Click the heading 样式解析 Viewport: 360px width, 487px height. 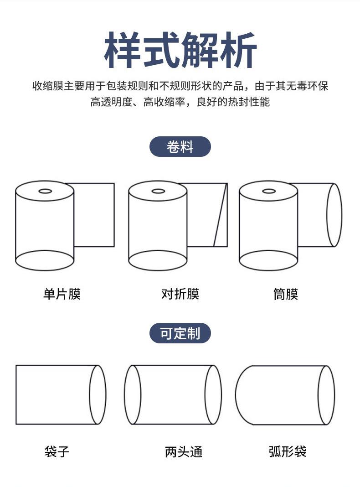[x=180, y=50]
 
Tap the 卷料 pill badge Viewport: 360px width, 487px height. [x=180, y=146]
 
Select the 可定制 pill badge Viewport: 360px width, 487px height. [x=180, y=333]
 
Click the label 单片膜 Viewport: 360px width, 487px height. [x=62, y=294]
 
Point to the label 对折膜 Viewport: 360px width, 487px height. [x=180, y=294]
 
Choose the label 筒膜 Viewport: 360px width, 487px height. [x=286, y=294]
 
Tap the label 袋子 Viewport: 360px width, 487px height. [x=57, y=451]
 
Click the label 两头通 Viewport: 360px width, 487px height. [x=183, y=451]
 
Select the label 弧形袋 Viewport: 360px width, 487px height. [x=288, y=451]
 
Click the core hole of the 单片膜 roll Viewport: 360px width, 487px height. [x=45, y=191]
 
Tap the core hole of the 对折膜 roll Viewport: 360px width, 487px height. [x=158, y=191]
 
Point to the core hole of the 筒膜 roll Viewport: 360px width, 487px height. [x=269, y=191]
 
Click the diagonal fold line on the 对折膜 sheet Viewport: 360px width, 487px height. [x=221, y=215]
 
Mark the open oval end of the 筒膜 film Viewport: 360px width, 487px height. [x=327, y=215]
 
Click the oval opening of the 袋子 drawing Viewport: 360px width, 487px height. [x=90, y=394]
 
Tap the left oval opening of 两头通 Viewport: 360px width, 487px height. [x=125, y=394]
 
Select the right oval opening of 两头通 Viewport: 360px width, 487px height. [x=206, y=394]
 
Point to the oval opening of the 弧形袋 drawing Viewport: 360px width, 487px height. [x=319, y=394]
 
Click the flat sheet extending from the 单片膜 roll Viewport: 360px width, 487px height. [x=94, y=215]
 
